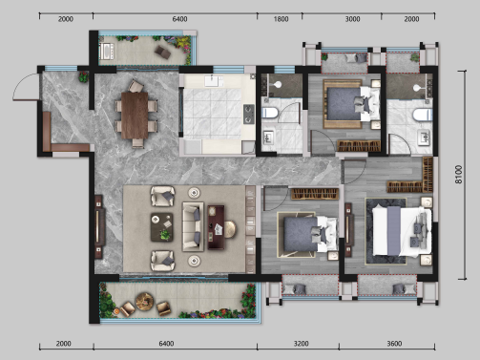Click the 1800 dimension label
(x=281, y=19)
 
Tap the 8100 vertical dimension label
(x=458, y=174)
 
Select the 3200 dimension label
(x=301, y=344)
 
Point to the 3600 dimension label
(x=394, y=344)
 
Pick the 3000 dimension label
(x=352, y=19)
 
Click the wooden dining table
(x=135, y=115)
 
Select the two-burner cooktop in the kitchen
(x=249, y=114)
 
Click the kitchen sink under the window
(x=212, y=81)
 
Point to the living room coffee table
(x=162, y=227)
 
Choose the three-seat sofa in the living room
(x=193, y=226)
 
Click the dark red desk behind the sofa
(x=216, y=227)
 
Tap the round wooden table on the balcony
(x=144, y=301)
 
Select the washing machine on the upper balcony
(x=106, y=52)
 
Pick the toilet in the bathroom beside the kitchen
(x=270, y=113)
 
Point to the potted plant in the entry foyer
(x=83, y=77)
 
